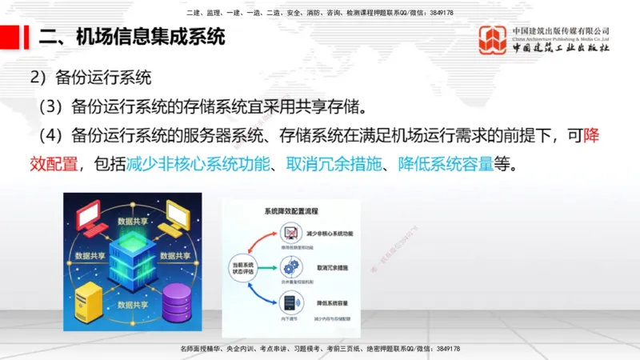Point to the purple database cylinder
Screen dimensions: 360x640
click(x=178, y=303)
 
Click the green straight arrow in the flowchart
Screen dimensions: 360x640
click(x=269, y=268)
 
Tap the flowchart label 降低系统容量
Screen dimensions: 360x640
click(x=324, y=300)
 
